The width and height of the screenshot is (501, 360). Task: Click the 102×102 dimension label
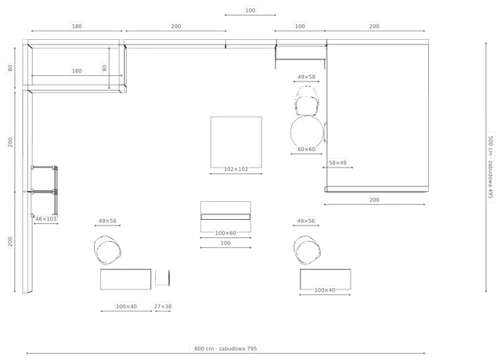(236, 169)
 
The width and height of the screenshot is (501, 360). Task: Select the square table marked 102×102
(236, 142)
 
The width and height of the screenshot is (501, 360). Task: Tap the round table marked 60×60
(307, 131)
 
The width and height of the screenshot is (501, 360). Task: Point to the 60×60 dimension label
(306, 149)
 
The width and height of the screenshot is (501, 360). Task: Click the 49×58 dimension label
(306, 77)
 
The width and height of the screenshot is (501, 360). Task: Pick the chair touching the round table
(307, 101)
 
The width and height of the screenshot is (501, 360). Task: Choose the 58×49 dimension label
(337, 163)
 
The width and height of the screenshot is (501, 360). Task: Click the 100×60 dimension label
(225, 233)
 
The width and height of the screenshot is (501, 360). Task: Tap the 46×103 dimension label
(46, 219)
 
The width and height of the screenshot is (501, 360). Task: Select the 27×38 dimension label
(163, 306)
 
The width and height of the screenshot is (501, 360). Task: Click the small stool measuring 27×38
(163, 278)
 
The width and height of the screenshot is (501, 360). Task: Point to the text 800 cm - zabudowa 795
(225, 348)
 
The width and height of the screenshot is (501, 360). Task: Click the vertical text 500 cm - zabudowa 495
(491, 167)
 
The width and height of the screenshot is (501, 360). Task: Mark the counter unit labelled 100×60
(225, 217)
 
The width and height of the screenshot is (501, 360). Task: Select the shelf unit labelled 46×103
(45, 190)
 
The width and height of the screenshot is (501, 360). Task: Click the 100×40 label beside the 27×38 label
(127, 306)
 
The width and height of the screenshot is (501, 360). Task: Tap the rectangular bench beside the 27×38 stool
(125, 279)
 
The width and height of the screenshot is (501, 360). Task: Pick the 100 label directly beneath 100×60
(225, 243)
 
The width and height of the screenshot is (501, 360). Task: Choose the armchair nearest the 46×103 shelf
(107, 250)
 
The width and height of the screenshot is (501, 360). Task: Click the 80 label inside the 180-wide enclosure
(104, 68)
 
